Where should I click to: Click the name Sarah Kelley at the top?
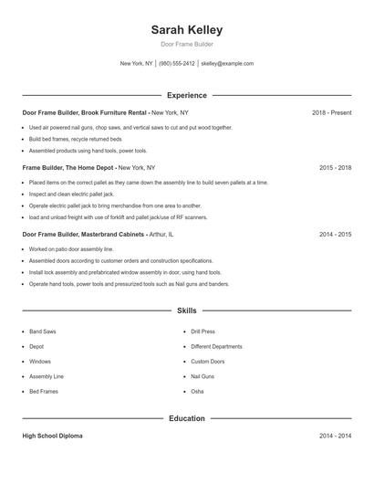(x=187, y=30)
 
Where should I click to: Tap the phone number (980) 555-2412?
(x=177, y=64)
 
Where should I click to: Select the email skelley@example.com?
(x=227, y=64)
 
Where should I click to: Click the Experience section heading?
(x=187, y=95)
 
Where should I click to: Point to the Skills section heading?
(x=187, y=311)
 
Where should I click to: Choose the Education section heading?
(x=187, y=418)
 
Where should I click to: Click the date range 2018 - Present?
(x=331, y=112)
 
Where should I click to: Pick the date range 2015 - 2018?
(x=335, y=168)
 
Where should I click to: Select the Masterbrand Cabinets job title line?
(x=84, y=234)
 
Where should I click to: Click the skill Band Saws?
(x=43, y=331)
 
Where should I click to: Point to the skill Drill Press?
(x=203, y=331)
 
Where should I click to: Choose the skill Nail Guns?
(x=203, y=376)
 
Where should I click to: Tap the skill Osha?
(x=197, y=391)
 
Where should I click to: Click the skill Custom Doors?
(x=207, y=362)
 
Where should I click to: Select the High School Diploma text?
(x=52, y=437)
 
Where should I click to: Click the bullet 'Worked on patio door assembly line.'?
(x=71, y=248)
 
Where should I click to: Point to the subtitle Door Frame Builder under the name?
(x=187, y=44)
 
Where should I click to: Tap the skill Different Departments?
(x=216, y=347)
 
